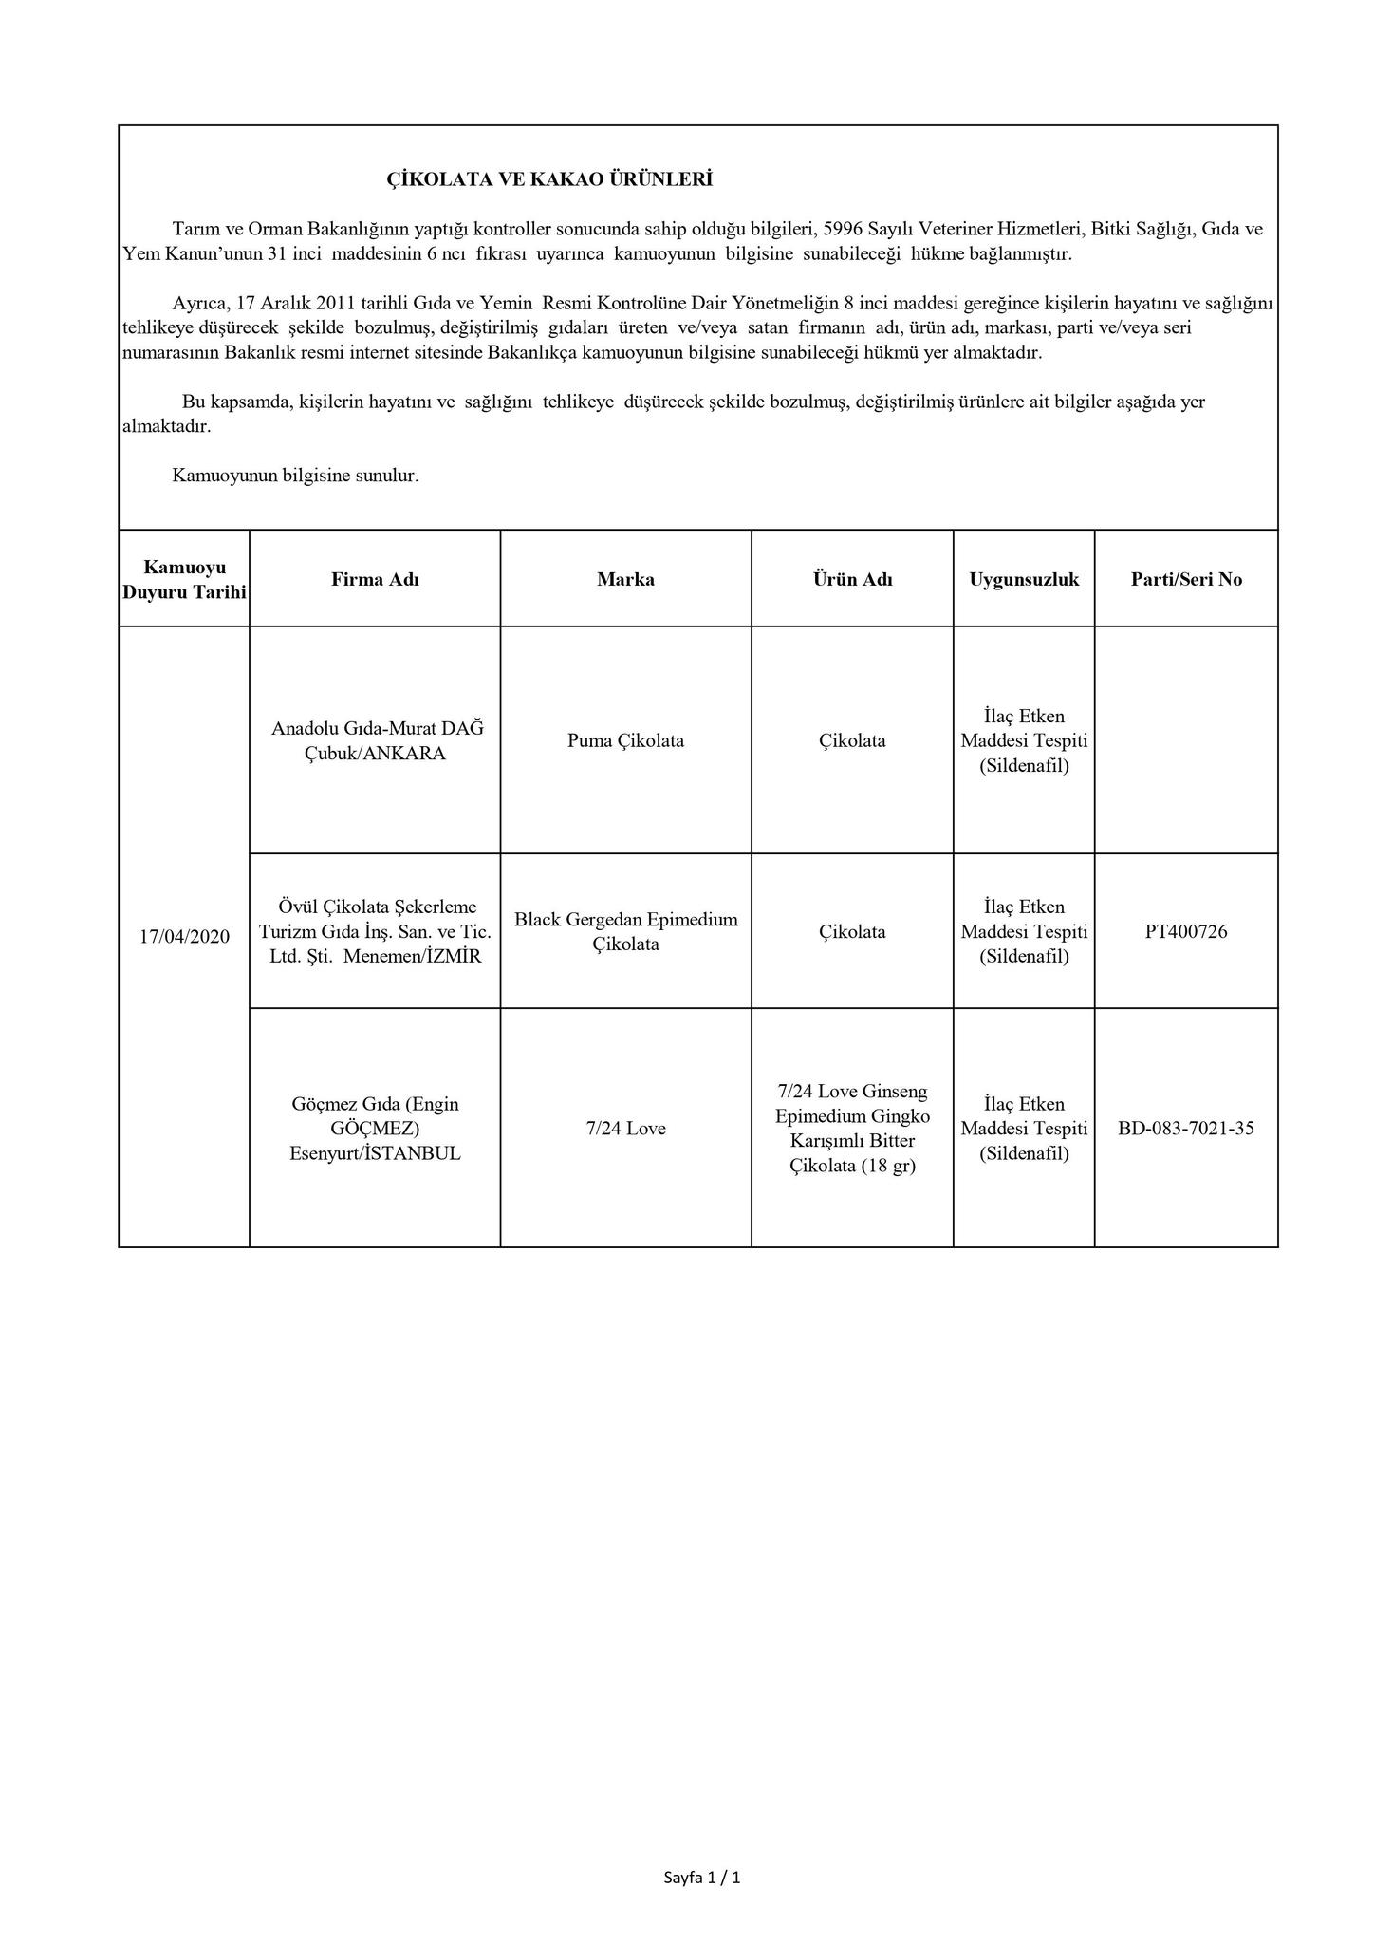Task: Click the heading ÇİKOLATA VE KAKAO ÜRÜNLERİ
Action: click(549, 179)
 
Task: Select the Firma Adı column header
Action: click(375, 579)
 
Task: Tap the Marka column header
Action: click(625, 579)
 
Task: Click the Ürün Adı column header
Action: click(852, 579)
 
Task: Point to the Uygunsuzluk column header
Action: click(1024, 579)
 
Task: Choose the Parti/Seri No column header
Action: click(1186, 579)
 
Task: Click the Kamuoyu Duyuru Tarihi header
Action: click(184, 579)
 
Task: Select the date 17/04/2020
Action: click(184, 936)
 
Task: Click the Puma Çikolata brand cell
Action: click(625, 740)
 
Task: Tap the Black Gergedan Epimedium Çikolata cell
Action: click(625, 931)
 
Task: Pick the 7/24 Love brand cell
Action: click(625, 1128)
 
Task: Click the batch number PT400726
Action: click(1186, 931)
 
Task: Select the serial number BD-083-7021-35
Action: click(1186, 1128)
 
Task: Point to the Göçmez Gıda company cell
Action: click(375, 1128)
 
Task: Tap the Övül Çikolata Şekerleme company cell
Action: click(375, 931)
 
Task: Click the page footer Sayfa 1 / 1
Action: click(702, 1877)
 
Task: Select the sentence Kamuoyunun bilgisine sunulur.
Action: click(295, 476)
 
